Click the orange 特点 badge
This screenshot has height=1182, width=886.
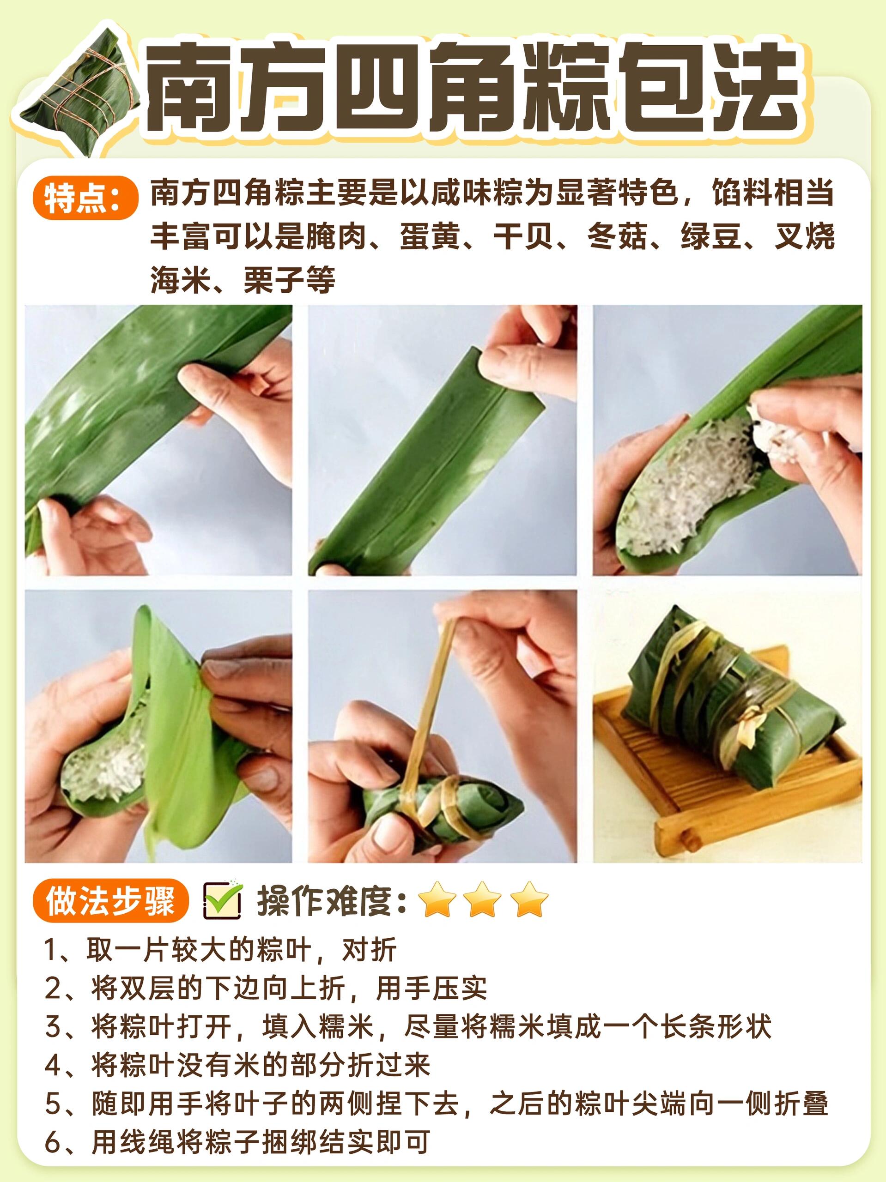tap(85, 198)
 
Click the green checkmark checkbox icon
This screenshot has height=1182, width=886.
tap(223, 901)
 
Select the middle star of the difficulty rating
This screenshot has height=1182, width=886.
tap(482, 900)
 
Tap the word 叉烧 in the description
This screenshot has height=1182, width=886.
tap(804, 236)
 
